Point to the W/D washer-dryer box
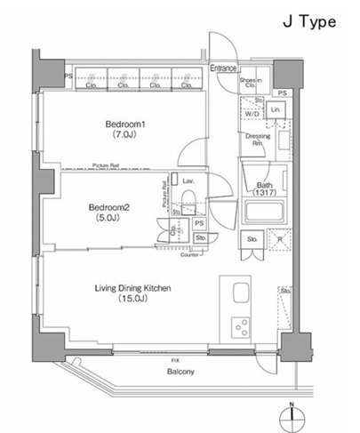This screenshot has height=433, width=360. (x=252, y=114)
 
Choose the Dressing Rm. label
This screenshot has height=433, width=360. (x=257, y=140)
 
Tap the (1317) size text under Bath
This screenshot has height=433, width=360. (x=264, y=193)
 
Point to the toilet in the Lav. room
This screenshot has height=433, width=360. (x=187, y=196)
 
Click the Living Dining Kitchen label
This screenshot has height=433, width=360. (x=132, y=288)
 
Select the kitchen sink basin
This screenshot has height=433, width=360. (x=240, y=294)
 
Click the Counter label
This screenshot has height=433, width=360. (x=188, y=254)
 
